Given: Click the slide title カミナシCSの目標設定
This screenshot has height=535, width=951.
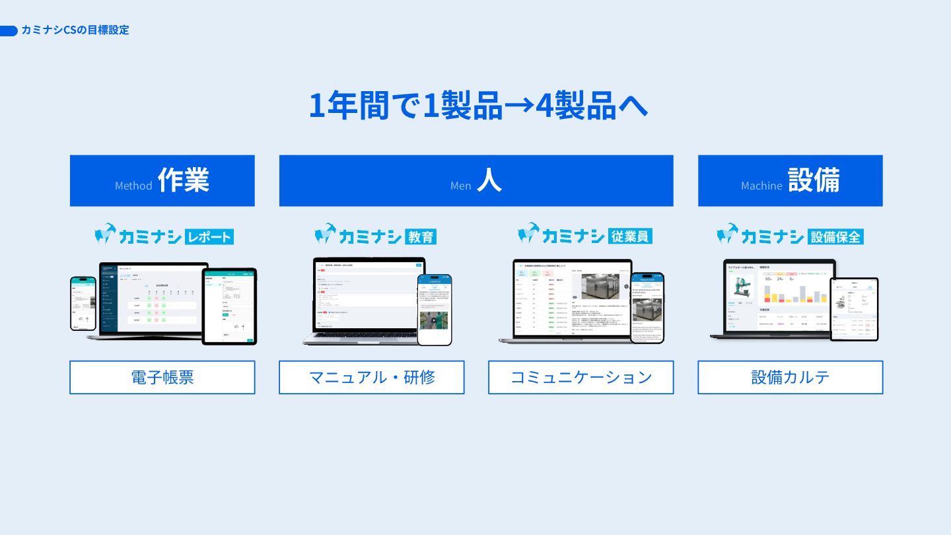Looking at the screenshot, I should coord(75,30).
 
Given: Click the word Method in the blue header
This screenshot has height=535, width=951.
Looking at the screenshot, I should coord(133,186).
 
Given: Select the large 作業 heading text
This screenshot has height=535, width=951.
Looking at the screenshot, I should coord(184,180).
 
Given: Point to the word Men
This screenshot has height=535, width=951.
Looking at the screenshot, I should coord(460,186).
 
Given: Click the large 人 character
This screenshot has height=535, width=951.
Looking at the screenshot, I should coord(489,180).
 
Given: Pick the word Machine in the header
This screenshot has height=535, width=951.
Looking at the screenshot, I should coord(761,186).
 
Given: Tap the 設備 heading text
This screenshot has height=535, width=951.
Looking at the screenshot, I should coord(814,180).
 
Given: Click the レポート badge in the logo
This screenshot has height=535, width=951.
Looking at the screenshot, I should coord(209,236).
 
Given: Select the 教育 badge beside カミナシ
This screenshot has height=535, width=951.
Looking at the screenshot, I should coord(420,236).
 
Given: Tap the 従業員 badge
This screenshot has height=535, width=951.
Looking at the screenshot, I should coord(629,236).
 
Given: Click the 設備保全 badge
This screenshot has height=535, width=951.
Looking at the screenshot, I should coord(835,236).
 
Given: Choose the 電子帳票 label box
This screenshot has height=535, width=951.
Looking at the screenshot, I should coord(162,377).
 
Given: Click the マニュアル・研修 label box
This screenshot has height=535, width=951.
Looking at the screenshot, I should coord(372,377).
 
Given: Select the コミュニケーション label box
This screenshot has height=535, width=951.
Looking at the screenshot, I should coord(581,377).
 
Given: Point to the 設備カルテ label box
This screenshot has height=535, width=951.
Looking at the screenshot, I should coord(791,377).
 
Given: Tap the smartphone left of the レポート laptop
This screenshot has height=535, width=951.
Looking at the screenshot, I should coord(83,304).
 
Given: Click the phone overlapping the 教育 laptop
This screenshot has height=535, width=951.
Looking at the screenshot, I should coord(435,309).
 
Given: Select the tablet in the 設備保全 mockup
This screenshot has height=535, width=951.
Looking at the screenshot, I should coord(854,309).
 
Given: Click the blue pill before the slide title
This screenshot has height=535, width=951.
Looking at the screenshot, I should coord(9,30).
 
